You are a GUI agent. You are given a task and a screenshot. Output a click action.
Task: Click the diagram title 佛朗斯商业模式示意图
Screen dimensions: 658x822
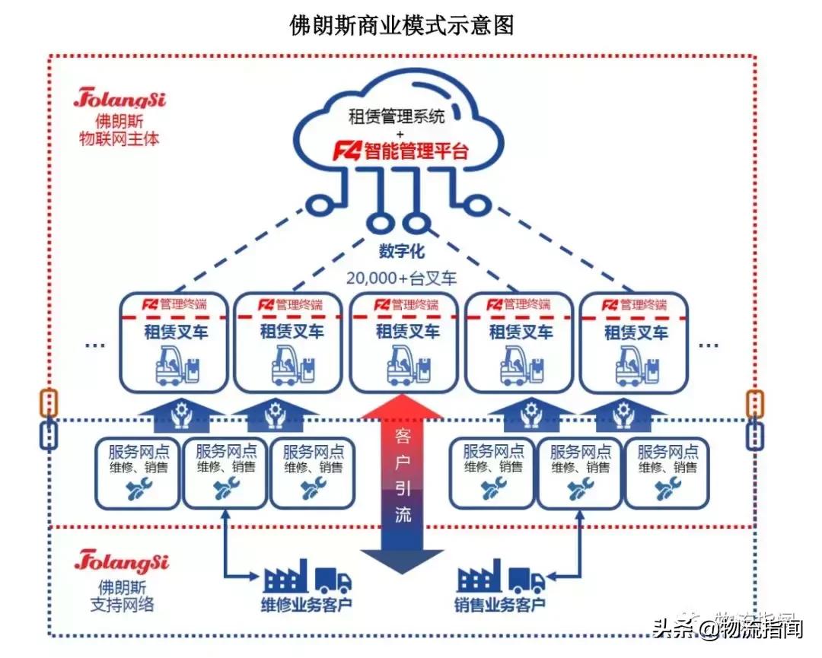(403, 25)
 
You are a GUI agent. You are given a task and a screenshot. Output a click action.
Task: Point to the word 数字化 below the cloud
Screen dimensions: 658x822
(401, 251)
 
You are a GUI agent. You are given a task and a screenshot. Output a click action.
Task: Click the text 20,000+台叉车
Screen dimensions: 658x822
(401, 278)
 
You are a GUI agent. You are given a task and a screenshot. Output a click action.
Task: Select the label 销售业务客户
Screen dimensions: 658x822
(501, 606)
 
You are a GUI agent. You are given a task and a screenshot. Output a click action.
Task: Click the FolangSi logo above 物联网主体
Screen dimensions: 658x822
(120, 99)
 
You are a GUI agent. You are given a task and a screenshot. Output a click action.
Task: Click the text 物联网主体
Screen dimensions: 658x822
(120, 139)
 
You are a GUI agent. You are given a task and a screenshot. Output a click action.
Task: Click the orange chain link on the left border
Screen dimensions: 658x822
(49, 402)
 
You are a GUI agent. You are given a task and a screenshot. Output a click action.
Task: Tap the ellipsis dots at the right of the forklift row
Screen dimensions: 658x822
(709, 345)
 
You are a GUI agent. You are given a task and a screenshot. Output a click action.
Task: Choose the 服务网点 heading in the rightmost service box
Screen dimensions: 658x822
(667, 450)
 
